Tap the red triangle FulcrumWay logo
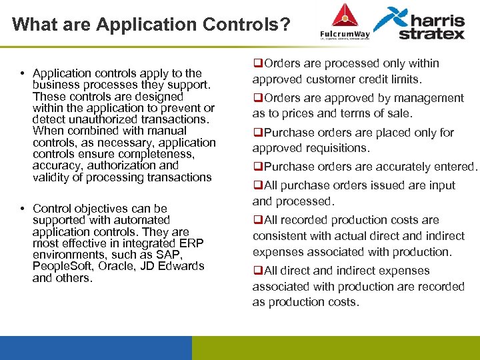(x=344, y=15)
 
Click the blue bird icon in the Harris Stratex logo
(x=389, y=19)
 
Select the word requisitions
(x=337, y=148)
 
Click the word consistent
(x=279, y=236)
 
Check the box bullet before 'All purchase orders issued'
(x=256, y=185)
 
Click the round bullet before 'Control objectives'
(x=22, y=209)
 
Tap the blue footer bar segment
(x=95, y=347)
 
